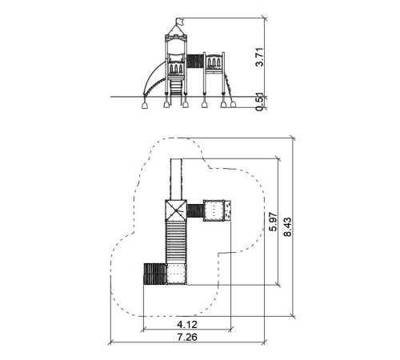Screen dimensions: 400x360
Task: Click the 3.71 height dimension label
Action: click(259, 57)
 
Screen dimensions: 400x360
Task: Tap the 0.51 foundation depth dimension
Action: click(259, 102)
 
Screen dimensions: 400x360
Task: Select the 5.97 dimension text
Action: click(273, 222)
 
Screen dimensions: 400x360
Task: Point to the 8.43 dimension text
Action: click(287, 227)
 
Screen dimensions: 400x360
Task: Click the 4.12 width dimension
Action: click(187, 325)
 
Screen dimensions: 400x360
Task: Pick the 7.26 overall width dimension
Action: click(187, 337)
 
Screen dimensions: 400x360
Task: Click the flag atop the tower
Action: click(180, 21)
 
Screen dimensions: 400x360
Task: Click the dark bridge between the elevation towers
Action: click(195, 61)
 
